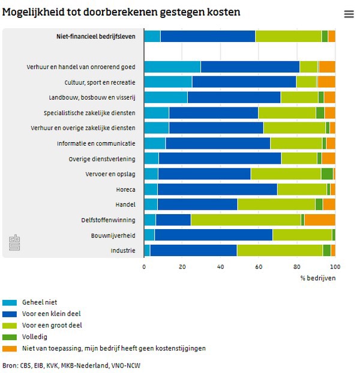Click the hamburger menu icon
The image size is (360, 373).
click(349, 14)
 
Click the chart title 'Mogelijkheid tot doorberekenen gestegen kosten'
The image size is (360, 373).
click(122, 12)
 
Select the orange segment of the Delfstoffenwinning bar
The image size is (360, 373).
click(320, 220)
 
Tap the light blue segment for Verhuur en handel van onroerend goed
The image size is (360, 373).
click(172, 67)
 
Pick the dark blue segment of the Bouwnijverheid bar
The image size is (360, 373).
click(214, 235)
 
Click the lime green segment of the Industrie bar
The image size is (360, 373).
click(280, 251)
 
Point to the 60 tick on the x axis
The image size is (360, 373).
click(259, 266)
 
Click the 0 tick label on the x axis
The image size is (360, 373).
click(144, 266)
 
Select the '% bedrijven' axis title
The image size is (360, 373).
click(318, 278)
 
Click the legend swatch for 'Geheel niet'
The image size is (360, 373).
click(9, 302)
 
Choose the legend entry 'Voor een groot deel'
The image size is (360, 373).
click(51, 325)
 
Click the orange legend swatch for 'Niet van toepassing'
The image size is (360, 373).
click(9, 348)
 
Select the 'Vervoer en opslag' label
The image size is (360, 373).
click(110, 174)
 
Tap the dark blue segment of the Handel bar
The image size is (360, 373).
click(197, 204)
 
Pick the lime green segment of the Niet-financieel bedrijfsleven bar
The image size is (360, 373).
click(288, 36)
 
